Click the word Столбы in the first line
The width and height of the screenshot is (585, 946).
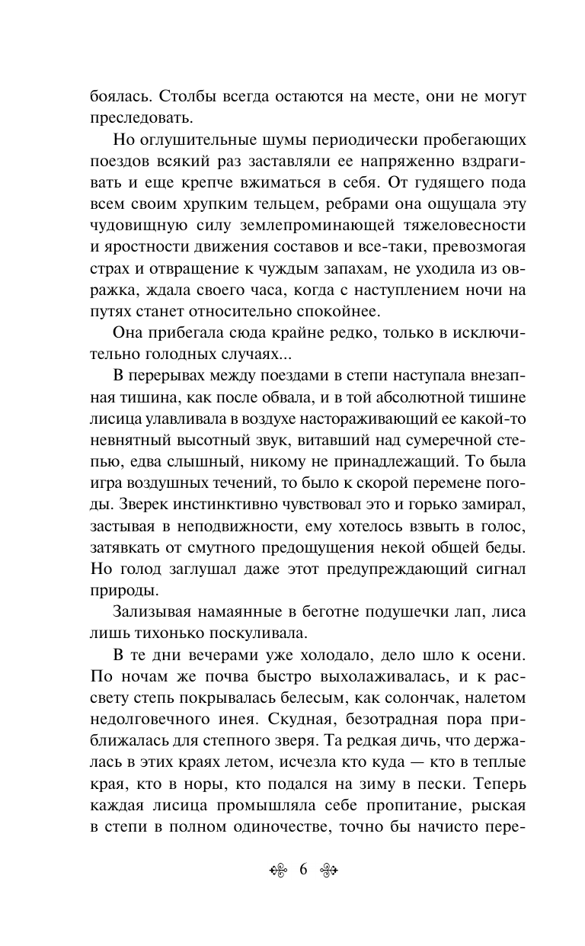tap(177, 98)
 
